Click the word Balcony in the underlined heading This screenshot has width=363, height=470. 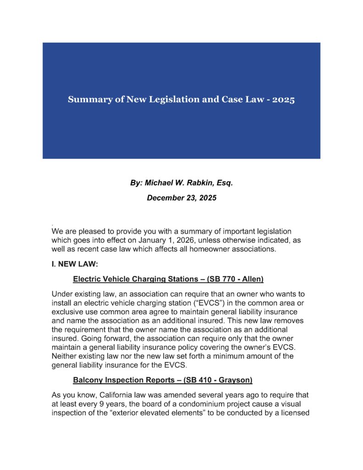[x=88, y=380]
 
